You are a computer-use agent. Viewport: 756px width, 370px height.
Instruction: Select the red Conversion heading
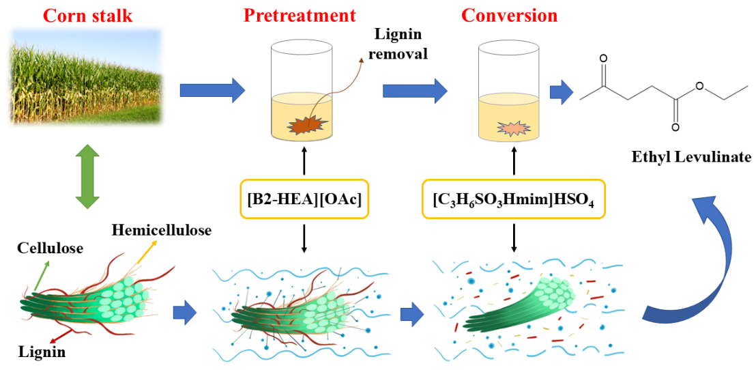tap(509, 14)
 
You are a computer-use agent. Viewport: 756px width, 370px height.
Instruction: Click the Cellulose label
tap(50, 248)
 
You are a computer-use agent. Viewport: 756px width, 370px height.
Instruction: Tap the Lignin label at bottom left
tap(42, 352)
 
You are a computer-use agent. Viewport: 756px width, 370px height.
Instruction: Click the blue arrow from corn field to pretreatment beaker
tap(212, 89)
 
